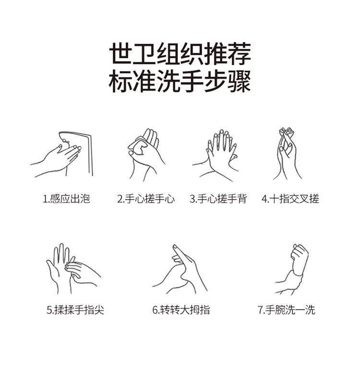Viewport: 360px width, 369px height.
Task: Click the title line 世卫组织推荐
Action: pos(180,53)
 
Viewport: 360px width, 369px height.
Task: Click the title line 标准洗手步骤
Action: pos(180,81)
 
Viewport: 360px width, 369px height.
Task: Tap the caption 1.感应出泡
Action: pos(66,199)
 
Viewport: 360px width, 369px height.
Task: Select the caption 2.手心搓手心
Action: pos(146,199)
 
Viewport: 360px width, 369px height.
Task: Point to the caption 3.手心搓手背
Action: pos(218,199)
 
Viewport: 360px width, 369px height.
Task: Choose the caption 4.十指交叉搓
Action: pos(290,199)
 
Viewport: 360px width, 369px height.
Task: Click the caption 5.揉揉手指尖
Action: pos(75,309)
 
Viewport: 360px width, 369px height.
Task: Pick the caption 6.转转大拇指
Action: pos(181,309)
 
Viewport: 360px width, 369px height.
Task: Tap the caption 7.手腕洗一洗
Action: pos(287,309)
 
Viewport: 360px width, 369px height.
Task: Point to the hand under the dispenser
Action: pos(59,160)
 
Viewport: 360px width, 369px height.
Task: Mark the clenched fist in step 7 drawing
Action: pos(300,259)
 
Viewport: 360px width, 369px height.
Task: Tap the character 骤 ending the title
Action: pos(240,81)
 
